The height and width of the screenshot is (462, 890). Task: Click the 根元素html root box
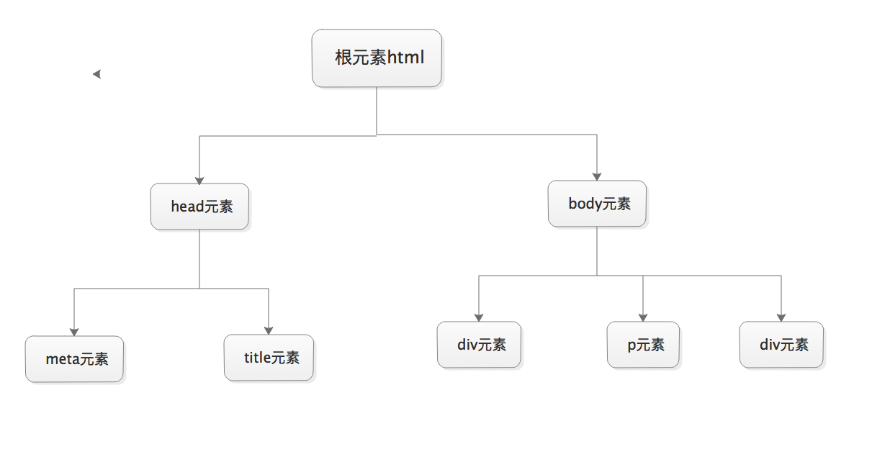[x=377, y=58]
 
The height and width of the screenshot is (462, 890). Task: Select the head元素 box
[x=199, y=207]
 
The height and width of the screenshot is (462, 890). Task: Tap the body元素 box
[x=597, y=204]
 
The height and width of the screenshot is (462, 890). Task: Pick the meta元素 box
[x=74, y=359]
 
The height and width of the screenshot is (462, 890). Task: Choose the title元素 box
[x=269, y=358]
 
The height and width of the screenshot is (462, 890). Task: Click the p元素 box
[x=643, y=345]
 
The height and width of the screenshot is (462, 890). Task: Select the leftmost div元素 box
[x=479, y=345]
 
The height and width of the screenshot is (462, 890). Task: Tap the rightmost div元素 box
[x=781, y=345]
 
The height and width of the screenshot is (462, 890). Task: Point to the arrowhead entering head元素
[x=199, y=181]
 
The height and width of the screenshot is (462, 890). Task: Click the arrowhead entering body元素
[x=597, y=176]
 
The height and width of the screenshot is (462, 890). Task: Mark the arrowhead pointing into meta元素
[x=74, y=332]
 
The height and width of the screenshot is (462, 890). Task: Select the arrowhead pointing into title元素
[x=269, y=330]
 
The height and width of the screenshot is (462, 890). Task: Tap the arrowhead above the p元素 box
[x=643, y=317]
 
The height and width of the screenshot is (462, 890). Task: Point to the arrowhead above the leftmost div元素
[x=479, y=317]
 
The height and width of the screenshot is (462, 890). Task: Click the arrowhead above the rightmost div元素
[x=781, y=317]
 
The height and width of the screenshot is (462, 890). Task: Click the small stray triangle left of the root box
[x=96, y=74]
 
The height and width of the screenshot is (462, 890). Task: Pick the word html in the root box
[x=406, y=58]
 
